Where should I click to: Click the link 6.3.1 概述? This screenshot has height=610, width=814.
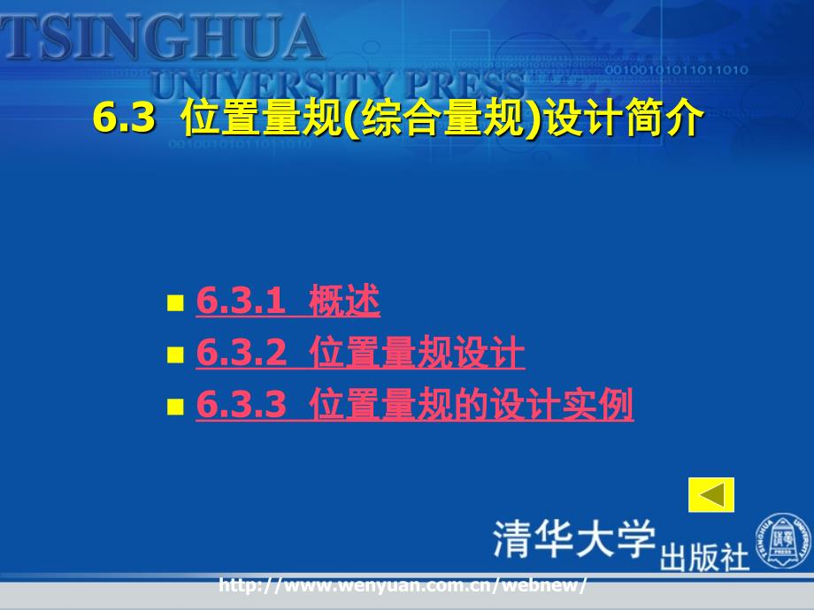(288, 301)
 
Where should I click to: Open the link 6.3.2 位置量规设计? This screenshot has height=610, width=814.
(360, 352)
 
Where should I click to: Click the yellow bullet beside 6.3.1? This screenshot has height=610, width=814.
(175, 303)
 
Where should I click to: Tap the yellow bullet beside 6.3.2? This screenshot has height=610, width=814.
(175, 355)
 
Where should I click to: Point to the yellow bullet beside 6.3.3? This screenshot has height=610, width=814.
(175, 407)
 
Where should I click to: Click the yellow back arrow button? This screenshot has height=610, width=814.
(711, 494)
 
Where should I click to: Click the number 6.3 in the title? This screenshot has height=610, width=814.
(124, 118)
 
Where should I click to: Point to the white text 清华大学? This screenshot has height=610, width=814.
(574, 539)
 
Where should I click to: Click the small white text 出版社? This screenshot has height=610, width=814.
(704, 557)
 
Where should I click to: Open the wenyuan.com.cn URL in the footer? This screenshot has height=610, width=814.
(403, 585)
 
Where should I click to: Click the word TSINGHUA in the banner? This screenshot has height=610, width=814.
(161, 37)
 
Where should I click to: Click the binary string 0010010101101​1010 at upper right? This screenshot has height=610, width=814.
(677, 70)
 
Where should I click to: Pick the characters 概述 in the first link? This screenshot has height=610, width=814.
(344, 301)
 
